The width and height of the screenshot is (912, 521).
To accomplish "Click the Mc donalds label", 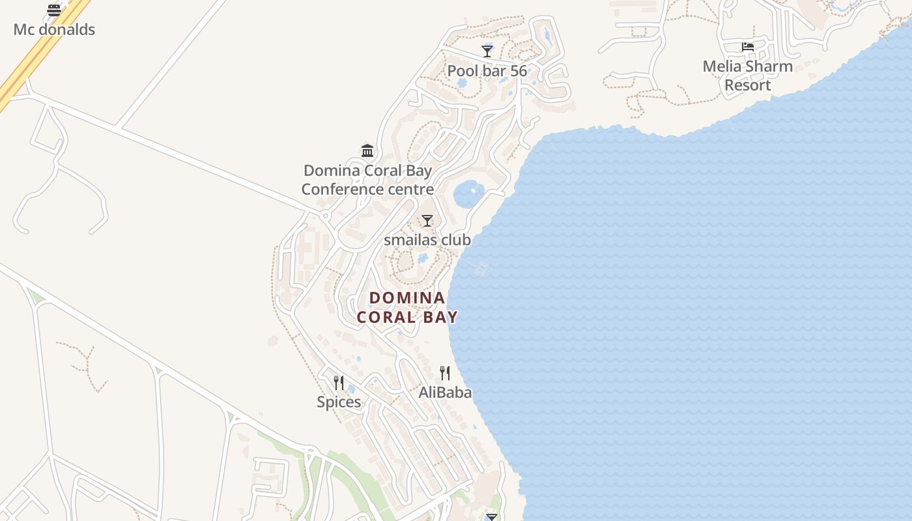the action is [54, 29].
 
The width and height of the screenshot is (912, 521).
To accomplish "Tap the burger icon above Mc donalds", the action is [54, 10].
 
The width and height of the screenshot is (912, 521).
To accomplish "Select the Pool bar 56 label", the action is [487, 70].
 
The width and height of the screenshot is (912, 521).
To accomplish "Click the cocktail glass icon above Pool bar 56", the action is [487, 51].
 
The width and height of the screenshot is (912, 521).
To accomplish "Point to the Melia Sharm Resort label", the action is [747, 76].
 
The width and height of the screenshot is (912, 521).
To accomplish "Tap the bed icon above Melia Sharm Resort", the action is [748, 47].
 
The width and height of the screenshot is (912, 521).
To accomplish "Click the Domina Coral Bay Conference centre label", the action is [367, 180].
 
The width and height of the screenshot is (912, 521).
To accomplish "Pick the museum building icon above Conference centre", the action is [367, 151].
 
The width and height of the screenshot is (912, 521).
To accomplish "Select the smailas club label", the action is [427, 240].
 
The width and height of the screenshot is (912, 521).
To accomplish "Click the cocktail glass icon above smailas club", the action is [427, 221].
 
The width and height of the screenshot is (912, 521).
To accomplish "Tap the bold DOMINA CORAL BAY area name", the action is [407, 307].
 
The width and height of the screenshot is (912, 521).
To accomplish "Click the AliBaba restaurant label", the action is [445, 392].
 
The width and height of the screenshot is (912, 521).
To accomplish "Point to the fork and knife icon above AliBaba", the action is [445, 373].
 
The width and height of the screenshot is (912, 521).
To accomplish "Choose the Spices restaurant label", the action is [339, 402].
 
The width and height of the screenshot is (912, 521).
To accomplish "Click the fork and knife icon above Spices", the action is [339, 383].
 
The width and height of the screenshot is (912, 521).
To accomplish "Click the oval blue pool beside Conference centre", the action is [468, 193].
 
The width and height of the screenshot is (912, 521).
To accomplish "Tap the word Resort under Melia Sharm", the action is [747, 85].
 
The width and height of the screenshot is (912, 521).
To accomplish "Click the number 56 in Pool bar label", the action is [519, 70].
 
